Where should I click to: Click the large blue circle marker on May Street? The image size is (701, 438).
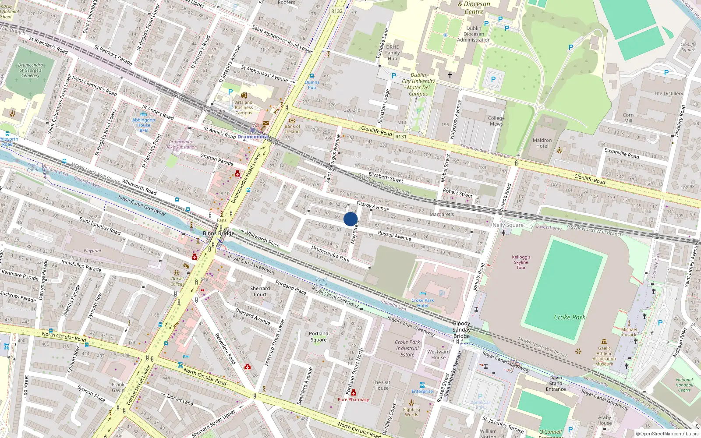[x=350, y=219]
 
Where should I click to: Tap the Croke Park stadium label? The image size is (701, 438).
[x=569, y=317]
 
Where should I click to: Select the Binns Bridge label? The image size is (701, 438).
[x=218, y=233]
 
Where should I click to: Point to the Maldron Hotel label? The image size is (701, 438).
[x=542, y=143]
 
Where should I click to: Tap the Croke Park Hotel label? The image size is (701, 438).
[x=422, y=303]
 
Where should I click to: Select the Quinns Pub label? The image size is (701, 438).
[x=312, y=85]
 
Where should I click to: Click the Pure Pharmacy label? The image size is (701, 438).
[x=353, y=399]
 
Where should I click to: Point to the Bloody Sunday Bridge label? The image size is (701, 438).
[x=461, y=330]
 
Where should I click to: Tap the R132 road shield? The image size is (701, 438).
[x=336, y=11]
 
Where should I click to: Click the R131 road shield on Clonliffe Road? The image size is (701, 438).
[x=400, y=137]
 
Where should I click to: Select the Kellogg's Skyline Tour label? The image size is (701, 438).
[x=521, y=262]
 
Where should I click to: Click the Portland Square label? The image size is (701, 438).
[x=319, y=336]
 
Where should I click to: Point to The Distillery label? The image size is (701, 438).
[x=668, y=93]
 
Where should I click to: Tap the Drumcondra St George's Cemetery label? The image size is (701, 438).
[x=30, y=70]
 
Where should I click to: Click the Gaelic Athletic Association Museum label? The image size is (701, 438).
[x=604, y=356]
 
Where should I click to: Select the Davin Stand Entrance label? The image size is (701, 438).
[x=556, y=383]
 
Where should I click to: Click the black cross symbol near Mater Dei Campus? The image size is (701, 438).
[x=450, y=75]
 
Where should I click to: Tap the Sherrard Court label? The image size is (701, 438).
[x=260, y=291]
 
